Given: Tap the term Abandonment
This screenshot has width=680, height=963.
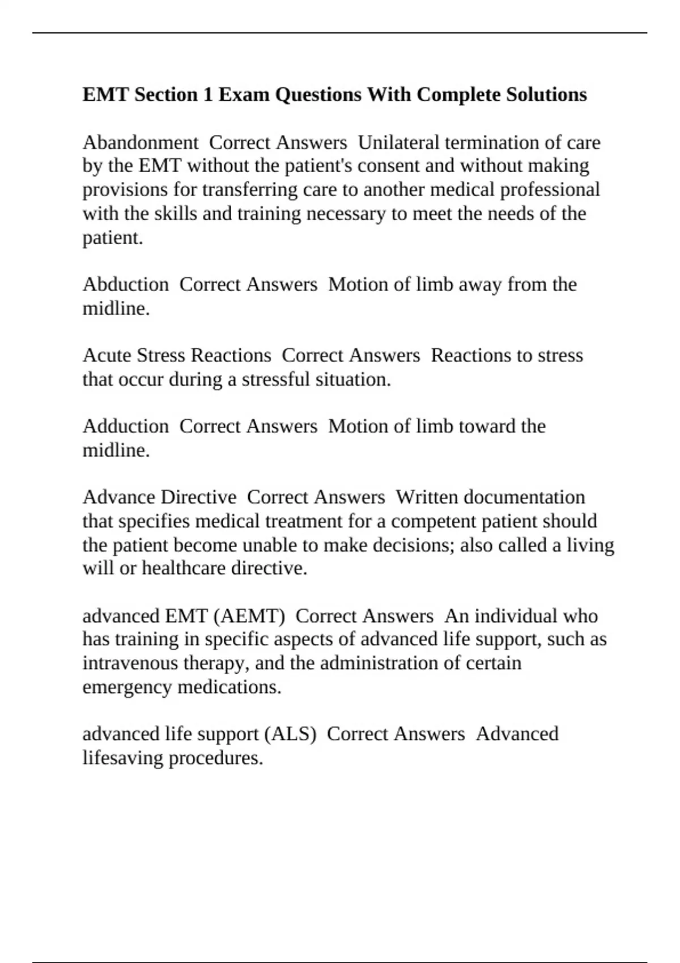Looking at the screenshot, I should tap(141, 142).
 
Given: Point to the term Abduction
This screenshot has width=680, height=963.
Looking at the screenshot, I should tap(126, 284).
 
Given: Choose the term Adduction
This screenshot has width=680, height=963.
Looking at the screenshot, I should tap(126, 426).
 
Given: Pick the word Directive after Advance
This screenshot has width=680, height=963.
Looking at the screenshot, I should tap(198, 497).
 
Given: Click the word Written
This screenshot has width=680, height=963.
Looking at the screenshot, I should tap(427, 497).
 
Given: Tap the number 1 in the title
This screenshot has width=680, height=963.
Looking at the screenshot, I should tap(208, 94).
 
